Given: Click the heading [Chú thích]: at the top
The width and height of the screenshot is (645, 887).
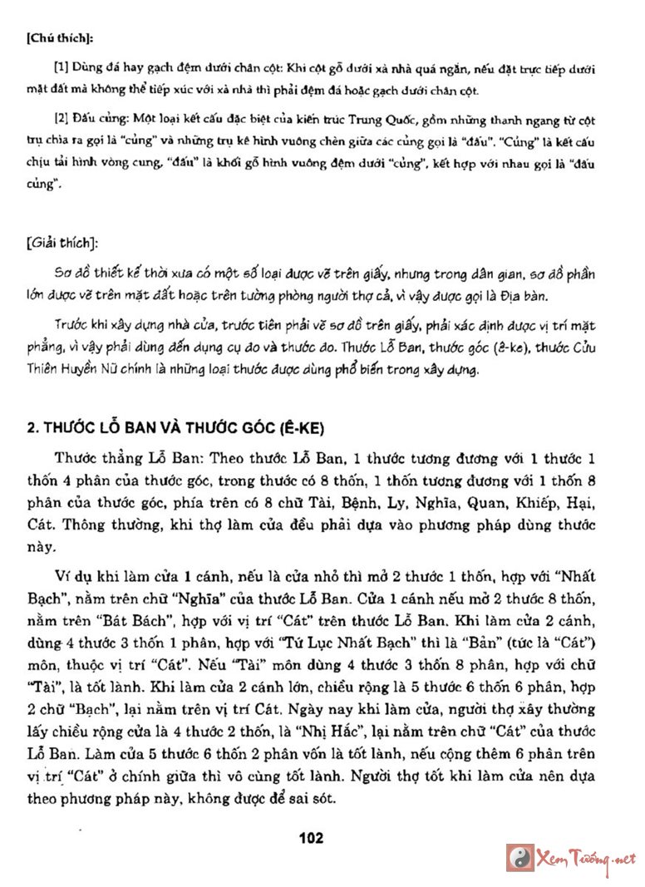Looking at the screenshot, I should [x=61, y=38].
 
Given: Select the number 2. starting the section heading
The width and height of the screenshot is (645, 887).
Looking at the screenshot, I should [x=34, y=428].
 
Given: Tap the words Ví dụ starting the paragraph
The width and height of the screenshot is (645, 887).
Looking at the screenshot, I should [x=72, y=576].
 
